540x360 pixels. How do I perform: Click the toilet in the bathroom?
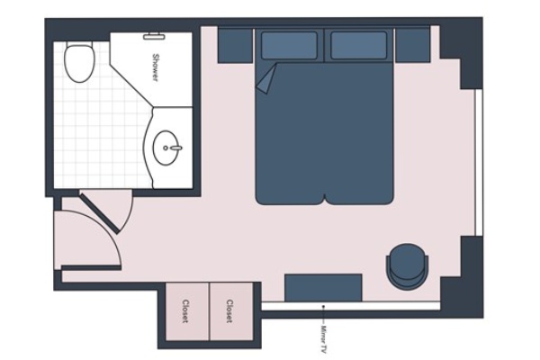pos(80,62)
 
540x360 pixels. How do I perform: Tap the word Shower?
pos(156,67)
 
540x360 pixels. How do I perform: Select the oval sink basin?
pos(166,148)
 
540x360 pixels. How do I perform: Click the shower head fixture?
pos(154,35)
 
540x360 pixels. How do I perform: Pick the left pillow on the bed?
pos(289,45)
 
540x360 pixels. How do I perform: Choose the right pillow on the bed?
pos(358,45)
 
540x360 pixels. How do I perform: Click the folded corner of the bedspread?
pos(265,78)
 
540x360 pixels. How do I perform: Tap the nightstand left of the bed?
pos(235,46)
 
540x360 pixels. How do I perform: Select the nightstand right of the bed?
pos(412,46)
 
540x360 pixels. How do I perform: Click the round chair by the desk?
pos(408,266)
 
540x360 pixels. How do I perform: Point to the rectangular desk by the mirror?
pos(323,288)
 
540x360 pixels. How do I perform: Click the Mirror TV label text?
pos(323,339)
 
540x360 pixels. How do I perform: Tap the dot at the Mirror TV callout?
pos(323,306)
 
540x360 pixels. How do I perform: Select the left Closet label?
pos(185,311)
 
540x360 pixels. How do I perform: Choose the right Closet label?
pos(229,311)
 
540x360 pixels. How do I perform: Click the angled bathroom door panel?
pos(100,213)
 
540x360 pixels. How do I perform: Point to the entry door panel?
pos(91,267)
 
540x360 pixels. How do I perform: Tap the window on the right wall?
pos(478,163)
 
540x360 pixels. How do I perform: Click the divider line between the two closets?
pos(209,311)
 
